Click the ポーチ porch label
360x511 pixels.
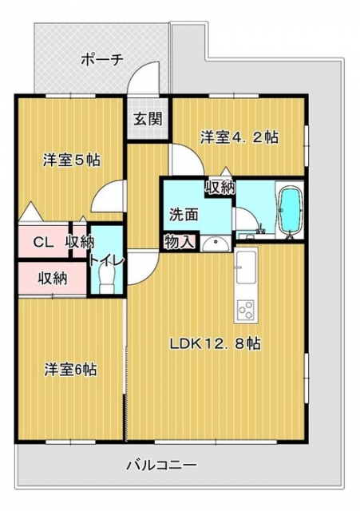coord(101,60)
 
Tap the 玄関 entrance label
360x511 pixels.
coord(148,119)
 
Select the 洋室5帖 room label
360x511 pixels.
coord(72,160)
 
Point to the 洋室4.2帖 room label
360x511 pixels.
coord(239,137)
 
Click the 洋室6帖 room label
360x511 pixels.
coord(70,370)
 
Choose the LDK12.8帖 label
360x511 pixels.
coord(215,343)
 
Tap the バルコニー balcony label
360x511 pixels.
coord(162,464)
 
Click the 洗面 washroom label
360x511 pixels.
coord(184,215)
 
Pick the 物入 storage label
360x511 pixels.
coord(180,242)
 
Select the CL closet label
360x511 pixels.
coord(44,243)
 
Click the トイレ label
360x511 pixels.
coord(106,260)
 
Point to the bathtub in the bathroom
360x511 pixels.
coord(290,211)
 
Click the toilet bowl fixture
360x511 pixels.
coord(106,280)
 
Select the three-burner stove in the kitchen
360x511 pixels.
coord(246,310)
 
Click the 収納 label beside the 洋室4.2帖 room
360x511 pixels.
coord(220,187)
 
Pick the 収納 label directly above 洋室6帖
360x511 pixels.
coord(53,278)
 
